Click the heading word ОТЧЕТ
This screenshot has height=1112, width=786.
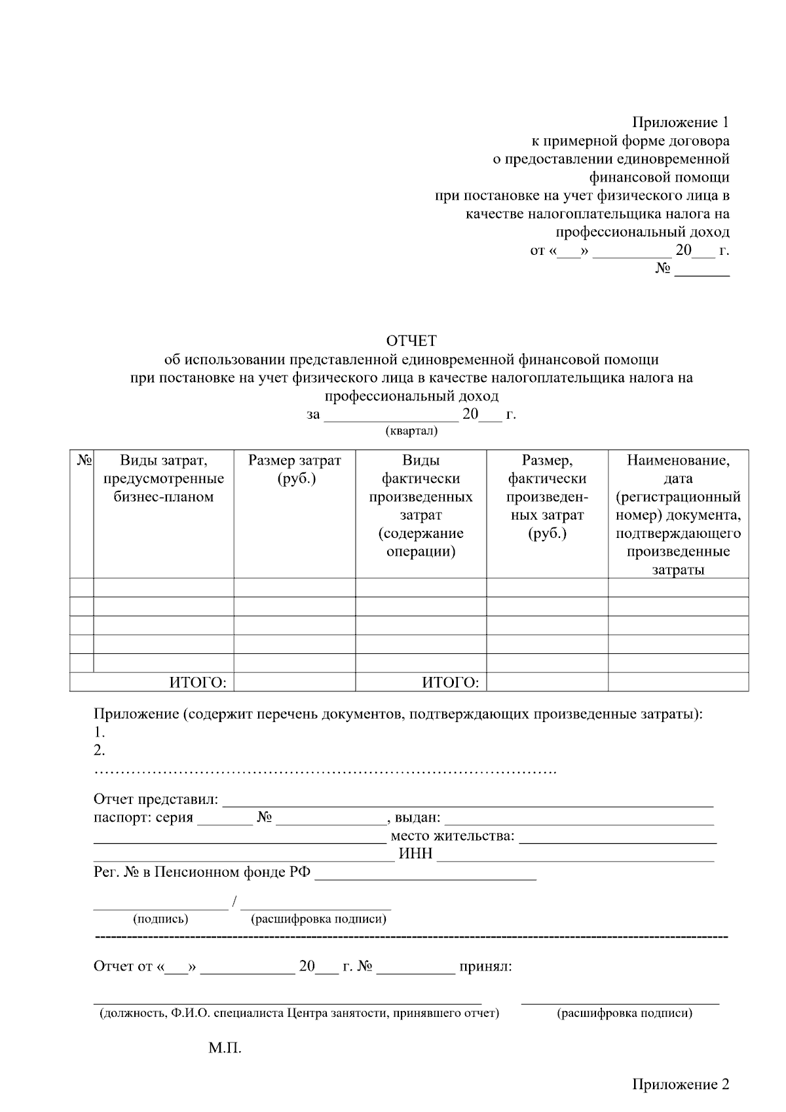(411, 341)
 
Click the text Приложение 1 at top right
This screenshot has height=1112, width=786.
(680, 123)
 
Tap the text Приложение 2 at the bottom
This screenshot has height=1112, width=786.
(680, 1084)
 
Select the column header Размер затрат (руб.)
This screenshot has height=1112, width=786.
(295, 469)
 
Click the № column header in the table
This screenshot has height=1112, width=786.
(82, 460)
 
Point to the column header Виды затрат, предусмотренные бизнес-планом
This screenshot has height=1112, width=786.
(164, 478)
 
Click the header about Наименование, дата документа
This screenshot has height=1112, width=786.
(678, 514)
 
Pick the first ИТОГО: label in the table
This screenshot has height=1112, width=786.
(198, 683)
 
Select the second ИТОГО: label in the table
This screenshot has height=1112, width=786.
(450, 683)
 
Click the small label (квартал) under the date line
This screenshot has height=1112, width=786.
(411, 431)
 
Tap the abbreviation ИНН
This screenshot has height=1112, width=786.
(416, 854)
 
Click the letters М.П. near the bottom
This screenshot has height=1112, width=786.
(225, 1048)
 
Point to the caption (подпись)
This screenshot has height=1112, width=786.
(160, 919)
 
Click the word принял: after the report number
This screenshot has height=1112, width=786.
(486, 967)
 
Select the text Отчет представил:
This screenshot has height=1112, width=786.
(156, 799)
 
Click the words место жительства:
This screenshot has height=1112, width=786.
(453, 836)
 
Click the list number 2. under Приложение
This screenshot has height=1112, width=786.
(100, 750)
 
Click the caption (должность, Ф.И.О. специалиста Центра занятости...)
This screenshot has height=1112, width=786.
(299, 1013)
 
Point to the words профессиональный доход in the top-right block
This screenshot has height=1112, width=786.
(642, 232)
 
